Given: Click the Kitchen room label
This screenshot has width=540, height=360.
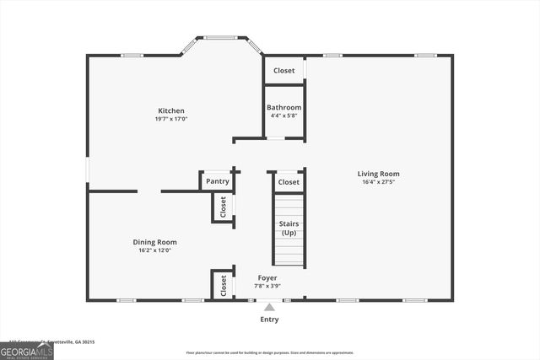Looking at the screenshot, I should click(x=171, y=110).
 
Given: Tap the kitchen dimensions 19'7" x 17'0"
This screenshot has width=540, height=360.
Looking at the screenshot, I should click(x=171, y=119).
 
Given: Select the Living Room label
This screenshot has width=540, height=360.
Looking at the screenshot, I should click(x=378, y=174).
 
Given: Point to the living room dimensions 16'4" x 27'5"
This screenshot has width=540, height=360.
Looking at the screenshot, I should click(x=378, y=182).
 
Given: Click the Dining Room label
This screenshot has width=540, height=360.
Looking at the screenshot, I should click(x=155, y=242).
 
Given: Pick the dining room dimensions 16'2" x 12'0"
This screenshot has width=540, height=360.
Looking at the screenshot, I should click(x=155, y=250).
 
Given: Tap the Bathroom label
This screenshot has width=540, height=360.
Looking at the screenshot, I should click(x=284, y=107).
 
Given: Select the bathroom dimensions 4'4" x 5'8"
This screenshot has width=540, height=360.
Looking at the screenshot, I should click(x=284, y=116).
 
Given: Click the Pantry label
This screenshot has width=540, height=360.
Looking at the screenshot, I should click(x=218, y=181).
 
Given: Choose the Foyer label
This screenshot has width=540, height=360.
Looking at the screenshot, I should click(x=267, y=277).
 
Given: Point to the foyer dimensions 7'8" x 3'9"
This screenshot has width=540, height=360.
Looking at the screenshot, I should click(x=267, y=287).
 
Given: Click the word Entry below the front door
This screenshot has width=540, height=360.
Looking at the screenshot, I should click(x=269, y=320).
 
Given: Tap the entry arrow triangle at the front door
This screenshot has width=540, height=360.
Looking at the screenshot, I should click(x=269, y=307).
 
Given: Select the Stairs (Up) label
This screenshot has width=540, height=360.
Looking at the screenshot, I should click(x=289, y=228).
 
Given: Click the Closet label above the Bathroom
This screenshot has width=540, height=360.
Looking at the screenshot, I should click(x=284, y=71).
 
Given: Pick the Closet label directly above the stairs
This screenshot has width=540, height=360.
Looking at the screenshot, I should click(x=289, y=182).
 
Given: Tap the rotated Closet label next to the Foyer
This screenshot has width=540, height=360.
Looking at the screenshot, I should click(x=224, y=286).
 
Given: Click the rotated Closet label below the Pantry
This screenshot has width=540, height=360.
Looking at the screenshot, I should click(x=224, y=207).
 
